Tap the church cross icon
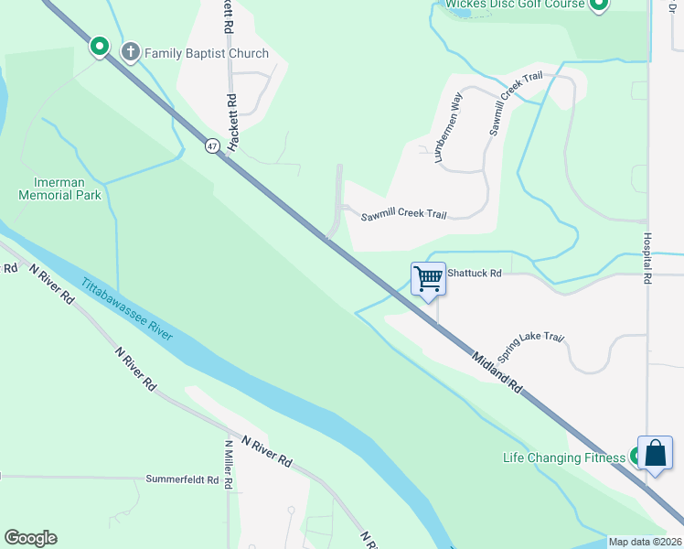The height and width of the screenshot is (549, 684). point(130,52)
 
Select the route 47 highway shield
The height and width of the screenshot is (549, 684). point(211,145)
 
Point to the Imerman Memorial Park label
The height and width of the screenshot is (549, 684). point(59,188)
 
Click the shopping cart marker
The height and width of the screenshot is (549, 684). point(428,278)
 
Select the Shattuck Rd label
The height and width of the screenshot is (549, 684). point(475,273)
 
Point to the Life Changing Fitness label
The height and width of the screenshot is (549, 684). point(563,457)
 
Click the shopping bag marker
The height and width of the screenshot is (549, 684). point(655,453)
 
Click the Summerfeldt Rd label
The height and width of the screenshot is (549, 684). point(182,479)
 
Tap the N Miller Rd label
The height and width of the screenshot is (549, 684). point(228,465)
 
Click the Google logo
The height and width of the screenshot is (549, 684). point(30,538)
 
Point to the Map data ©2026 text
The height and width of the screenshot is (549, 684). point(645,542)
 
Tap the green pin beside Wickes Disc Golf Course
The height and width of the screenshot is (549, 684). point(598,5)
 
